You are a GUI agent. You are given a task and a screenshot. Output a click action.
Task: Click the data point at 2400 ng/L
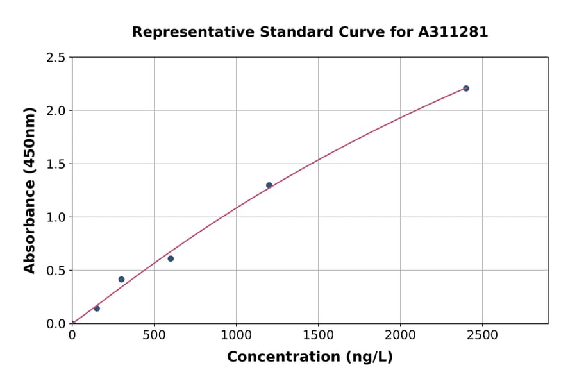tap(466, 89)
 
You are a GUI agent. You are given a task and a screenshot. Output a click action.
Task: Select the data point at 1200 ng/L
tap(269, 185)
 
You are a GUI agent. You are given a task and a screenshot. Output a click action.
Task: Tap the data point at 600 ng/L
tap(171, 258)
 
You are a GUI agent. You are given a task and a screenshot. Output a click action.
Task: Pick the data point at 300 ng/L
tap(122, 280)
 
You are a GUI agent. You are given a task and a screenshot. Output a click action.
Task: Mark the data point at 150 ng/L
tap(97, 309)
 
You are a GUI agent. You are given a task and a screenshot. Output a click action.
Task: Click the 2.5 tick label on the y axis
tap(56, 58)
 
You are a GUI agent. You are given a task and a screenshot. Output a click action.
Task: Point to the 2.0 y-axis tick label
tap(56, 111)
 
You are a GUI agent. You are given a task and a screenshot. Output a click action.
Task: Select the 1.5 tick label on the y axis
tap(56, 164)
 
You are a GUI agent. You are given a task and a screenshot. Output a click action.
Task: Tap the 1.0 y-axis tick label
tap(56, 217)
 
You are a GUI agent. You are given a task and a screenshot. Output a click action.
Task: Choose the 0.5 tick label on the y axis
tap(56, 271)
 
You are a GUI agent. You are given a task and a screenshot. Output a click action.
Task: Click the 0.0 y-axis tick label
tap(56, 324)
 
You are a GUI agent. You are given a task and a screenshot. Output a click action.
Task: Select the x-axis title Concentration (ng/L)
tap(310, 357)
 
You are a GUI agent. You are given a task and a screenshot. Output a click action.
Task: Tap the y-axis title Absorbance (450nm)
tap(29, 190)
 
